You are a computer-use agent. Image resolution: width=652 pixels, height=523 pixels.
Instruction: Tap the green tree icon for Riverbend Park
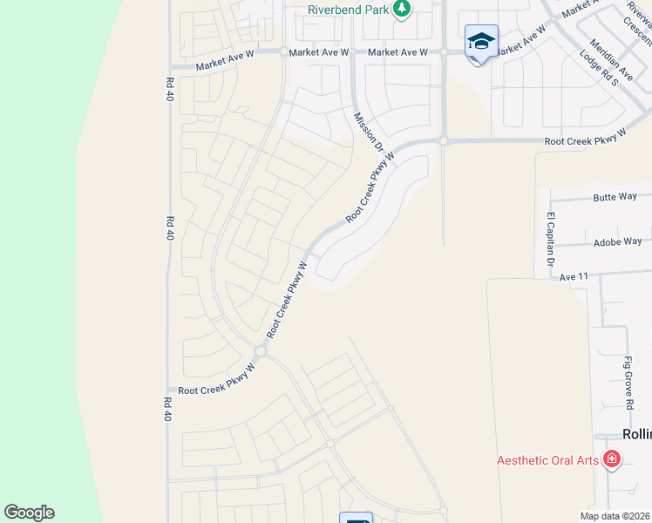point(401,10)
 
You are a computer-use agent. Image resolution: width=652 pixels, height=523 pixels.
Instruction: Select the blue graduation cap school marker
point(481,42)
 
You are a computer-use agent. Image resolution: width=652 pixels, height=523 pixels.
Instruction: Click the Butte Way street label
point(615,197)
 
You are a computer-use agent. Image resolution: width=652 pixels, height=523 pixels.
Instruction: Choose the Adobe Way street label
point(617,241)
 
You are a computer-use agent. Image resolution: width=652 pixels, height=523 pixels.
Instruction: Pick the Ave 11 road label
point(574,275)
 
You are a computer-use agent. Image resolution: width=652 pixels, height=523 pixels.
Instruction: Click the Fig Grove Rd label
point(628,383)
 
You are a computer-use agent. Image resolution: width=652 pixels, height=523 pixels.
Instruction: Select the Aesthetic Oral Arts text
point(547,460)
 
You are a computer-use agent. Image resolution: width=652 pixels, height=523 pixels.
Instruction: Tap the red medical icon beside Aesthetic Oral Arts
point(611,458)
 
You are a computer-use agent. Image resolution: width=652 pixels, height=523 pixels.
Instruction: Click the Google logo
point(29,513)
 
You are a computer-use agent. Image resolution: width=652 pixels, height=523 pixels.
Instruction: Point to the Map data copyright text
point(615,516)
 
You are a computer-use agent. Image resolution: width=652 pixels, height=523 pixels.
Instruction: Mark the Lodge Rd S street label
point(598,68)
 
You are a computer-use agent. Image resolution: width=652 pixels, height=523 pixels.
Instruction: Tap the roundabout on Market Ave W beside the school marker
point(444,52)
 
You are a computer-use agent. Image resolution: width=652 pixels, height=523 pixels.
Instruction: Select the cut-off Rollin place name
point(636,434)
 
